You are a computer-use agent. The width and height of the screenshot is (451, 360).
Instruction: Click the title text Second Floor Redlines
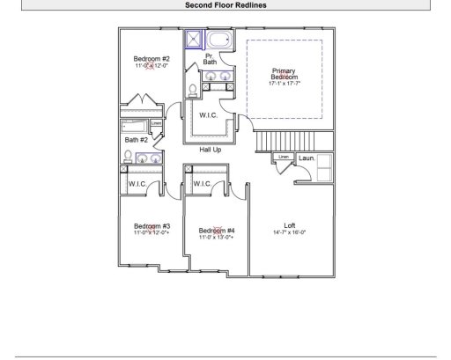click(225, 4)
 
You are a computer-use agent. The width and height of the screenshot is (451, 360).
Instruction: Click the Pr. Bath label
click(210, 59)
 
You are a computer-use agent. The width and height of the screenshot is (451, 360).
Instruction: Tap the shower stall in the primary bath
click(193, 39)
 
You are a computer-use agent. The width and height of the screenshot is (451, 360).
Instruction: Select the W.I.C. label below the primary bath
click(209, 114)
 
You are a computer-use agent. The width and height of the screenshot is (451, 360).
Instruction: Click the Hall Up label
click(210, 150)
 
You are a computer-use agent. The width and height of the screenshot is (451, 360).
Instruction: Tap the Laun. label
click(307, 158)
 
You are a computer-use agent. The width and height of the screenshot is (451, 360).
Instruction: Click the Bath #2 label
click(136, 139)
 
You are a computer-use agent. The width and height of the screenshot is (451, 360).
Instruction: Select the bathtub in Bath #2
click(136, 125)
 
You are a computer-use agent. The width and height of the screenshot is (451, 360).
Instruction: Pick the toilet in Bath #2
click(127, 158)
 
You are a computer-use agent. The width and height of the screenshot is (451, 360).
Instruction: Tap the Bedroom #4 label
click(216, 231)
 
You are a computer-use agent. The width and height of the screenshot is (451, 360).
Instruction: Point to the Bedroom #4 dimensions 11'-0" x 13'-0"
click(216, 238)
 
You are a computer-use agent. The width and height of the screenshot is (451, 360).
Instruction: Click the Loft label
click(290, 224)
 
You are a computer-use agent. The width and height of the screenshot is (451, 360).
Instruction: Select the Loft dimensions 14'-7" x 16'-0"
click(290, 232)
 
